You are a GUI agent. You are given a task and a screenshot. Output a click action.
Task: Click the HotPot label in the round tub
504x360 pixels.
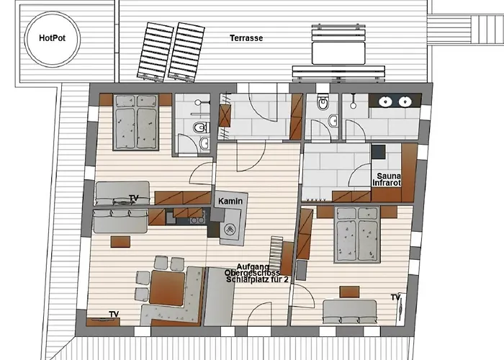[x=52, y=38]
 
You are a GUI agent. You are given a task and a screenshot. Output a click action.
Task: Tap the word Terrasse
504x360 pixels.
[x=246, y=38]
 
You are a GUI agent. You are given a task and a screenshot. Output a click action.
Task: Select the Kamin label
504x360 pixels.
[x=230, y=201]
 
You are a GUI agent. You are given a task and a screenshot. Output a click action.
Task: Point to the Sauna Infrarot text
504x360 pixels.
[x=387, y=180]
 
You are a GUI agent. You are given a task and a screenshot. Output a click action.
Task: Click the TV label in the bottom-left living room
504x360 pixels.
[x=114, y=314]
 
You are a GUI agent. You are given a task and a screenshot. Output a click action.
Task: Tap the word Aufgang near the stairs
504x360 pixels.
[x=253, y=266]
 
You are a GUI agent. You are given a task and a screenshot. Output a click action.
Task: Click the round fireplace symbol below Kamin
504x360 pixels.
[x=230, y=229]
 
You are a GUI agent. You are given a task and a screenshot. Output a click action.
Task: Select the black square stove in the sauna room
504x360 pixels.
[x=379, y=152]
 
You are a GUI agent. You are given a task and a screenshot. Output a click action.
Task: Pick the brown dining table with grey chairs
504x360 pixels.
[x=167, y=288]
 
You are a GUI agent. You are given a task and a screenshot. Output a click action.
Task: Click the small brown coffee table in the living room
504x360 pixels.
[x=120, y=242]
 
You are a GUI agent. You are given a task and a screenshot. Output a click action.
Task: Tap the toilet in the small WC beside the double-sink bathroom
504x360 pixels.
[x=322, y=102]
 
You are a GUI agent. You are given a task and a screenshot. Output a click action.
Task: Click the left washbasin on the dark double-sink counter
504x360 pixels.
[x=385, y=102]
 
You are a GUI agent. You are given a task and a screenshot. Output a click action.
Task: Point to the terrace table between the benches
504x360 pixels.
[x=338, y=53]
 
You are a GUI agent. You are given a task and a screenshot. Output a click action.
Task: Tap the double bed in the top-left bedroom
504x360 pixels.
[x=136, y=122]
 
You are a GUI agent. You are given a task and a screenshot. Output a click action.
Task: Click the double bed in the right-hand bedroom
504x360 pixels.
[x=357, y=234]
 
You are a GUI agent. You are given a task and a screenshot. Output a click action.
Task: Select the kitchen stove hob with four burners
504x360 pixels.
[x=196, y=220]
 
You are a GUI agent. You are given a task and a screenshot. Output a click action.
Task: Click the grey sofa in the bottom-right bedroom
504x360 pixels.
[x=349, y=312]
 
